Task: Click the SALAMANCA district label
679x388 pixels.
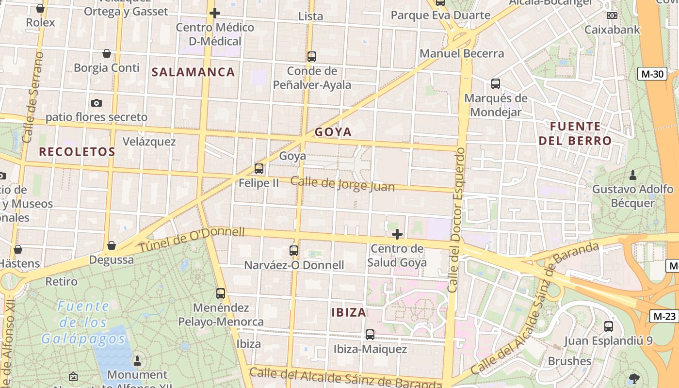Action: tap(193, 72)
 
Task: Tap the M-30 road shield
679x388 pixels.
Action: tap(652, 74)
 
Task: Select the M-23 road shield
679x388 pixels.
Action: tap(664, 316)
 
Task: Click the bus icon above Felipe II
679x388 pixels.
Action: tap(259, 169)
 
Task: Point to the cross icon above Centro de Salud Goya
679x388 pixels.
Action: tap(397, 235)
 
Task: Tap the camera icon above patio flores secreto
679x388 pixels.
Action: tap(97, 103)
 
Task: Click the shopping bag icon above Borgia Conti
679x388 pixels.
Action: tap(107, 53)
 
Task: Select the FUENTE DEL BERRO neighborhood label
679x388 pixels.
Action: tap(581, 134)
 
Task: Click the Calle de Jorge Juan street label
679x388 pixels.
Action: tap(342, 184)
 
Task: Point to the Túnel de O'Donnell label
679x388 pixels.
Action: tap(192, 240)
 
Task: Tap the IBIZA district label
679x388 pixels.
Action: tap(349, 312)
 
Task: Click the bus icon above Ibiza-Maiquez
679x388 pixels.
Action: tap(370, 335)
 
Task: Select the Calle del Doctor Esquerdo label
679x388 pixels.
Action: tap(456, 221)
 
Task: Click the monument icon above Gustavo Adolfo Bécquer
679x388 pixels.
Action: tap(632, 175)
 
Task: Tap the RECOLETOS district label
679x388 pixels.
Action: tap(77, 152)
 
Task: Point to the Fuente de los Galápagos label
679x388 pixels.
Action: tap(83, 322)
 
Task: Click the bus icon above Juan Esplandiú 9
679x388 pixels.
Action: tap(609, 326)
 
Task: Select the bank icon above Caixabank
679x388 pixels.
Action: tap(612, 16)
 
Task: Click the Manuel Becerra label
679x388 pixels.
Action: tap(462, 53)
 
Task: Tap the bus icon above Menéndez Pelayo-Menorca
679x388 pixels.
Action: tap(221, 293)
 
